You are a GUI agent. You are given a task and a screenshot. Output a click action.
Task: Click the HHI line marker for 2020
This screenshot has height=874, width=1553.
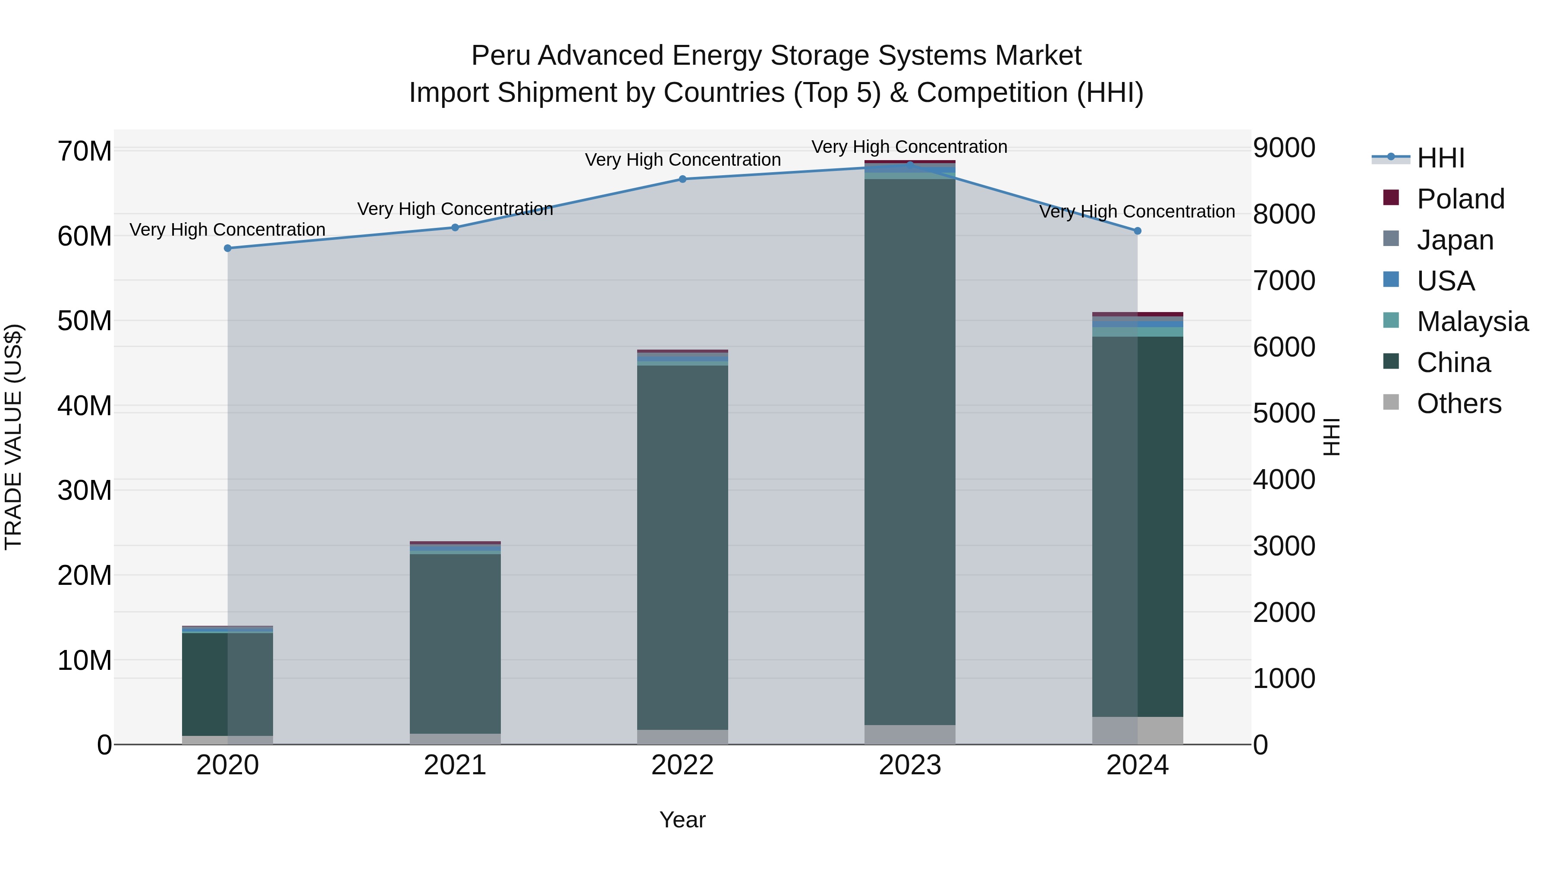tap(227, 248)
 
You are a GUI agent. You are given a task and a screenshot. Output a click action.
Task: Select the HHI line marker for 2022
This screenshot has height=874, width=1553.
tap(682, 179)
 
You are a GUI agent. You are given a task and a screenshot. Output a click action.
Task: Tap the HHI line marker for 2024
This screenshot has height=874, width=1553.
tap(1138, 231)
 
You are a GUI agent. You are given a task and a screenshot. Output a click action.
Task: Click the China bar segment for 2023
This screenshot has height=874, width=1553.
tap(910, 452)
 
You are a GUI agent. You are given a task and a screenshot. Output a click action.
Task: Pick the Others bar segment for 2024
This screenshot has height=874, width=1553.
tap(1138, 730)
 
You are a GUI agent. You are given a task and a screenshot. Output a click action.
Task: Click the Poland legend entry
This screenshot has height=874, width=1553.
tap(1459, 199)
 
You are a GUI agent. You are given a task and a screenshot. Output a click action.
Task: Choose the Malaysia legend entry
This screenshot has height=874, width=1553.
tap(1471, 322)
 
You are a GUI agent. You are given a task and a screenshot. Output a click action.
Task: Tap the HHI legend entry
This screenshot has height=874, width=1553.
tap(1440, 158)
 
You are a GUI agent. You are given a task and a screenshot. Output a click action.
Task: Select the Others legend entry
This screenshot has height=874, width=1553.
tap(1459, 404)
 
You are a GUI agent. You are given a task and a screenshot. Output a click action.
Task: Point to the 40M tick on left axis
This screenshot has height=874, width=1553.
tap(85, 406)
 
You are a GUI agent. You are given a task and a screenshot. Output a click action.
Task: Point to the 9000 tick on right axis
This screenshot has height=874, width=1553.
tap(1284, 148)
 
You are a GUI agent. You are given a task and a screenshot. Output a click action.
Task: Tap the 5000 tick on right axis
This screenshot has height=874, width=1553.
tap(1284, 414)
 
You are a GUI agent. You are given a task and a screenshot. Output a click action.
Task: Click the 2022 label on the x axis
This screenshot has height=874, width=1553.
tap(682, 765)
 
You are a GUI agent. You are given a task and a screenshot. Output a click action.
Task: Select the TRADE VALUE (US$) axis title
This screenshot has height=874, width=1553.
tap(13, 437)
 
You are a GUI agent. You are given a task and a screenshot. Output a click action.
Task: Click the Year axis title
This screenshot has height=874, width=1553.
tap(682, 820)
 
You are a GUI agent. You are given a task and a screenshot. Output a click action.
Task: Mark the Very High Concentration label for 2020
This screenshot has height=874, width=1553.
tap(227, 230)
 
